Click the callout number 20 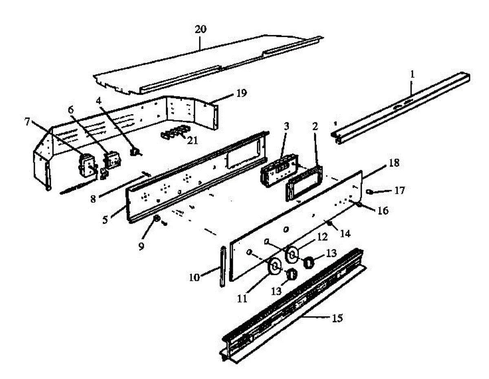pos(200,29)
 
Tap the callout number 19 pos(241,93)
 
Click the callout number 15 pos(337,317)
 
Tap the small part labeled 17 pos(370,191)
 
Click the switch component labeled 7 pos(86,166)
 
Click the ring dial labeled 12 pos(292,254)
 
